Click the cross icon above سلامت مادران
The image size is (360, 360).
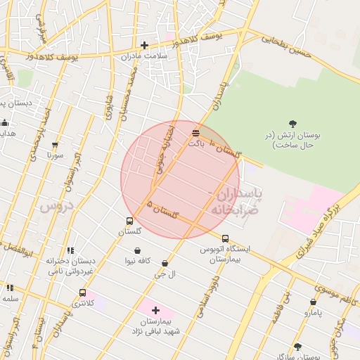click(x=144, y=45)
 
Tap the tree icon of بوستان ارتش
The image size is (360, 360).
click(x=292, y=124)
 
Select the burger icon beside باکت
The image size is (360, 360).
click(x=195, y=132)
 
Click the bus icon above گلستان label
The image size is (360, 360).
click(x=129, y=221)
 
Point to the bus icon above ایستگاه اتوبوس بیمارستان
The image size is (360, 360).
click(x=225, y=238)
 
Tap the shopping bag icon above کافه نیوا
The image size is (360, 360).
click(x=136, y=250)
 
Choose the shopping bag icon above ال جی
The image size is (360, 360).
click(x=165, y=264)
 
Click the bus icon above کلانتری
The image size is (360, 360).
click(x=83, y=292)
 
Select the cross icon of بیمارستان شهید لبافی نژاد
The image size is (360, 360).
click(x=155, y=310)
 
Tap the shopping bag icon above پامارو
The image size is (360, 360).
click(x=314, y=302)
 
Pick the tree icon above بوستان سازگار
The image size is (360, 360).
click(x=297, y=347)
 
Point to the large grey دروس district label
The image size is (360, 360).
click(x=56, y=206)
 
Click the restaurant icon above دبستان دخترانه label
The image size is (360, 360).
click(x=70, y=250)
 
